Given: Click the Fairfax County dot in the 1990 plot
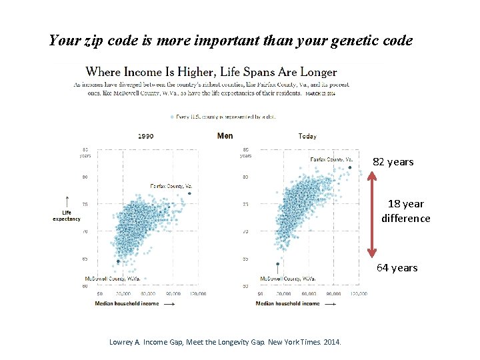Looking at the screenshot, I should [189, 193].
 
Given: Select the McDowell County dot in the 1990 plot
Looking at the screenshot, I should [119, 261].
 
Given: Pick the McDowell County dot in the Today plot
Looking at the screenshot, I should [277, 264].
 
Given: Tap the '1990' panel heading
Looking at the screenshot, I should [145, 136].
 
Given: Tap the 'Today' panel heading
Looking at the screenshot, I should [307, 136].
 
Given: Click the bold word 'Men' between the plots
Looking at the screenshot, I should [225, 136].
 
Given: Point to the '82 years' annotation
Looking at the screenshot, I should [393, 162].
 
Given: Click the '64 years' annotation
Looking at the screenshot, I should [397, 267].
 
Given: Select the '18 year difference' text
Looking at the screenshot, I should [405, 211].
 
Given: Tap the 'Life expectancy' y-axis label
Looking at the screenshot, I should [67, 215].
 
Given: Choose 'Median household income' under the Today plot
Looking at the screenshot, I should [287, 303].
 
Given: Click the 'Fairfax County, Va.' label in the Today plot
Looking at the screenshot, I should [331, 159].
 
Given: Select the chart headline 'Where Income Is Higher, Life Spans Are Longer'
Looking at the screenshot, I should [211, 72].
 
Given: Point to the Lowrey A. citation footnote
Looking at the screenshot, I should [225, 342].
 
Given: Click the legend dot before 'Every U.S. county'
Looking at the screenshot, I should [173, 117].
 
